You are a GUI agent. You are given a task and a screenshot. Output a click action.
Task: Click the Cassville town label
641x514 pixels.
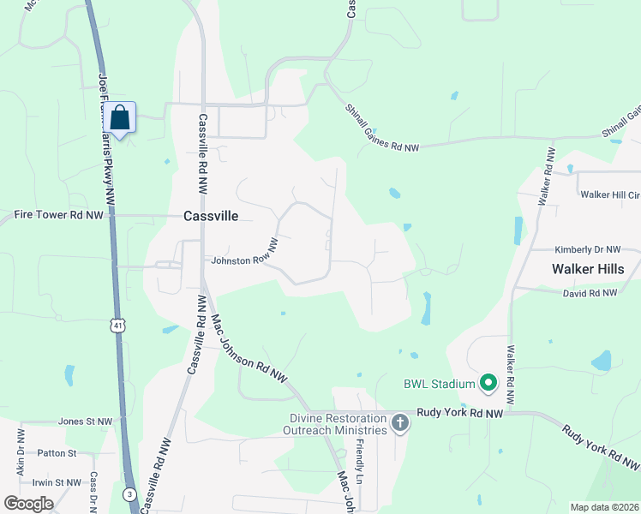coord(211,217)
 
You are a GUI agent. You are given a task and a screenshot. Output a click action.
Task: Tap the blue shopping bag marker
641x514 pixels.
coord(120,118)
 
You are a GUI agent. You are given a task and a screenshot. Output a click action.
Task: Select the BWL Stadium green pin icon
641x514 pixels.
coord(488,383)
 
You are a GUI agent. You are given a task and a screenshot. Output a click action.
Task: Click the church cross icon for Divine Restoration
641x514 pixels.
coord(399,422)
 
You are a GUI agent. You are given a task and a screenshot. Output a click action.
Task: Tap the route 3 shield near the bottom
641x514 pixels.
coord(129,494)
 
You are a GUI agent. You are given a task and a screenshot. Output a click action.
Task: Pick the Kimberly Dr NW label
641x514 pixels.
coord(587,249)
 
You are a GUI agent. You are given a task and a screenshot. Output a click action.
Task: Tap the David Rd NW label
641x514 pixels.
coord(590,293)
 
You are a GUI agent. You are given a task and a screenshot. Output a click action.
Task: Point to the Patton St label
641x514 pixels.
coord(57,452)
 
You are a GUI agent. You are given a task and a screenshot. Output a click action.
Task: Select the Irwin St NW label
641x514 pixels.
coord(56,482)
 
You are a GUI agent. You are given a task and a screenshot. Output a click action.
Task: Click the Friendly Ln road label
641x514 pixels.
coord(359,463)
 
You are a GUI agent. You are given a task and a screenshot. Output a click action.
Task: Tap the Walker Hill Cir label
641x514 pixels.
coord(610,195)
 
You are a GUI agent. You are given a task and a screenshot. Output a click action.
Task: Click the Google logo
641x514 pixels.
coord(28,504)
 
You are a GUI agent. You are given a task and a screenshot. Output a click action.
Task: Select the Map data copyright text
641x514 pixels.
coord(604,507)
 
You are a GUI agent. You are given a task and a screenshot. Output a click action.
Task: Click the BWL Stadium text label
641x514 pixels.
coord(440,383)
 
